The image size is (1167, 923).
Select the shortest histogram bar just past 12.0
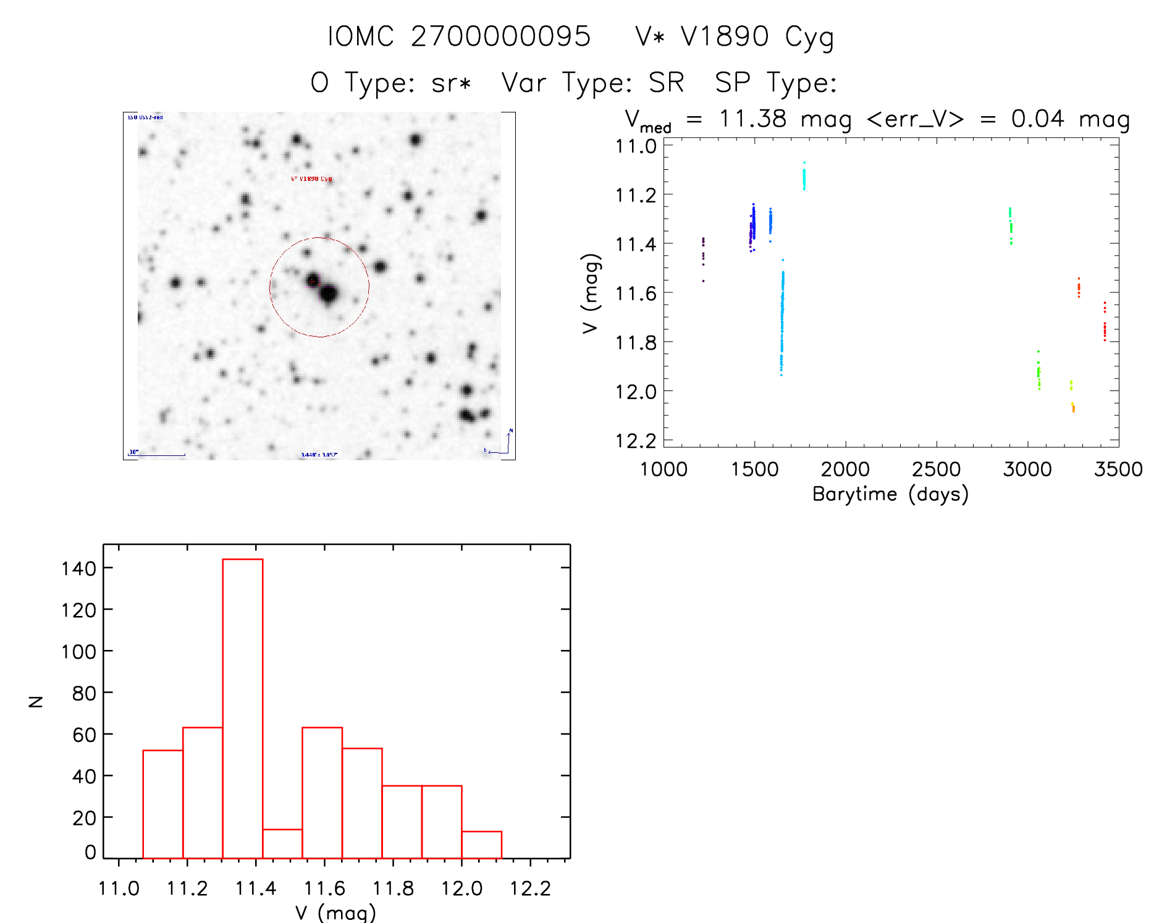point(481,845)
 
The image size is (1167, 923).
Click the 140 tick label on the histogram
point(78,568)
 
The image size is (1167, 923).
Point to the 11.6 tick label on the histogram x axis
point(324,888)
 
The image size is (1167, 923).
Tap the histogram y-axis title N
point(36,701)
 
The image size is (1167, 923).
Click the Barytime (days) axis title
point(890,494)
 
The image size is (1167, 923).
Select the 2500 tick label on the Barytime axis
point(936,470)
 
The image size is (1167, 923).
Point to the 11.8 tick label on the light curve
point(635,342)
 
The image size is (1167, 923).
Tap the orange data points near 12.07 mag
point(1073,408)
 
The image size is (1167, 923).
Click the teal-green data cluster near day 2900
point(1011,225)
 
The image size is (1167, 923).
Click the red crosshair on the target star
point(312,282)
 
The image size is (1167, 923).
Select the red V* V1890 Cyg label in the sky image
point(311,179)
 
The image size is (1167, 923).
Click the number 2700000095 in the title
point(500,36)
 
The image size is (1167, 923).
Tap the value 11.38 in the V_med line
point(752,119)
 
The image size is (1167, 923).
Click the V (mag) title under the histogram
point(335,912)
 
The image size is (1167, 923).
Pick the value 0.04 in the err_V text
point(1037,119)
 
